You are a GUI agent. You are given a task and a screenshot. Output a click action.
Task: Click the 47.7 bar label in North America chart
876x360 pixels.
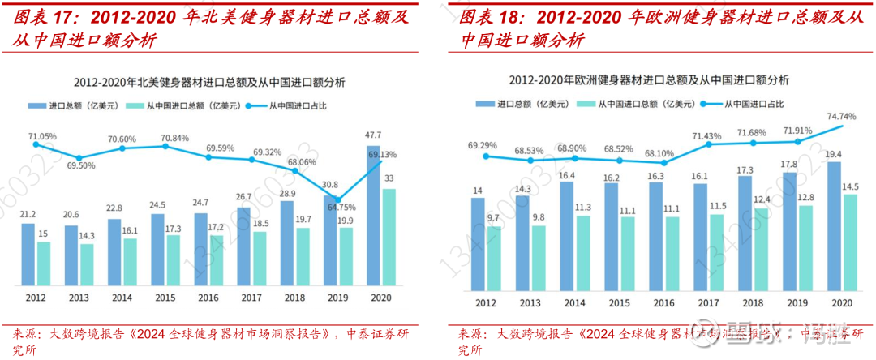pyautogui.click(x=374, y=134)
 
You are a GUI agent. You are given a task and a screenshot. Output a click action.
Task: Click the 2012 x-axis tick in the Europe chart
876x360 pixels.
pyautogui.click(x=487, y=302)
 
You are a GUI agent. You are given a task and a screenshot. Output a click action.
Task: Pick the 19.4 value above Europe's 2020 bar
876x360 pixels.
pyautogui.click(x=832, y=153)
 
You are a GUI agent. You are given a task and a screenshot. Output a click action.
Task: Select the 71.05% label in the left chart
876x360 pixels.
pyautogui.click(x=41, y=136)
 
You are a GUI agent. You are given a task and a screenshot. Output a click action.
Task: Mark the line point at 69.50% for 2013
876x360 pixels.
pyautogui.click(x=79, y=158)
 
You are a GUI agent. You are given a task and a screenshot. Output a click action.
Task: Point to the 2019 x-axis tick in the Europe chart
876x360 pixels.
pyautogui.click(x=797, y=302)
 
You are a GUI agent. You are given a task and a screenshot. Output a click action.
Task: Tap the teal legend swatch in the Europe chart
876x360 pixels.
pyautogui.click(x=585, y=103)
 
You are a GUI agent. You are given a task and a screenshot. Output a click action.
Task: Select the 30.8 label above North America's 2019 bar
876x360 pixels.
pyautogui.click(x=330, y=186)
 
